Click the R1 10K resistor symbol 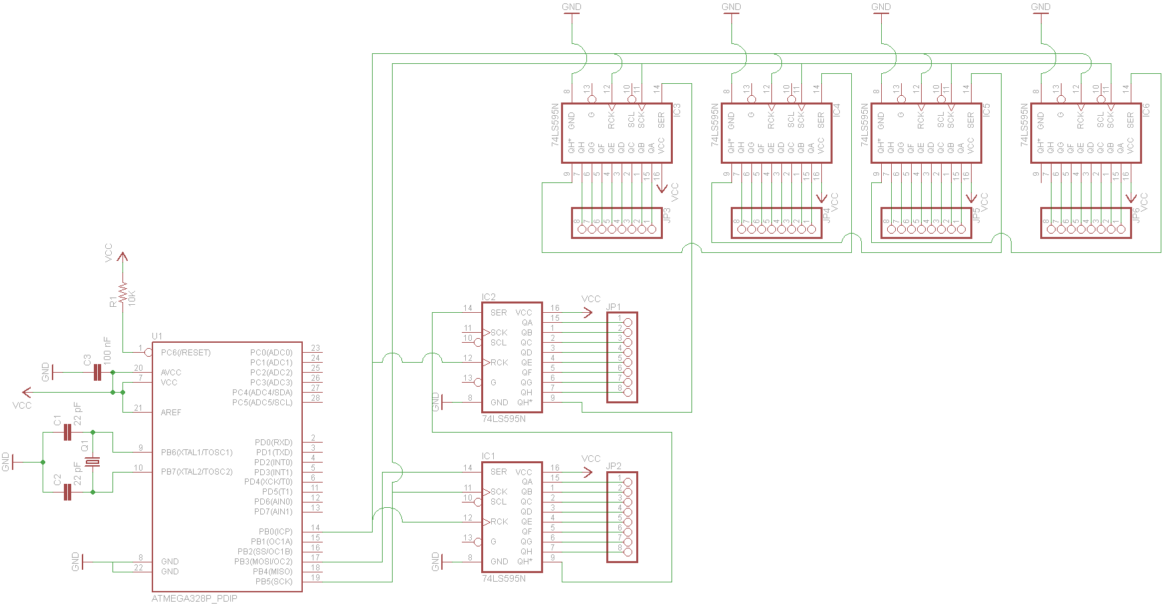click(x=122, y=293)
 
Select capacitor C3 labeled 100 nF click(x=97, y=372)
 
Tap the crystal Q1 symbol click(x=93, y=462)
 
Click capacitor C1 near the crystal click(x=67, y=433)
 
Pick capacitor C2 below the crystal click(x=67, y=492)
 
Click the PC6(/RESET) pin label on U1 click(x=186, y=353)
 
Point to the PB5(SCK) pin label click(x=274, y=582)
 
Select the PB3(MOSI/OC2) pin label click(x=264, y=562)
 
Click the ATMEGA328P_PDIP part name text click(x=194, y=598)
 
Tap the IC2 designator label click(x=488, y=298)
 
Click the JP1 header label click(x=614, y=307)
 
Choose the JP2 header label click(x=614, y=467)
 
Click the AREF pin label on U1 click(x=171, y=413)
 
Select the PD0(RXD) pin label click(x=274, y=443)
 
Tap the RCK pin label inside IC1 click(x=499, y=522)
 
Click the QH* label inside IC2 click(x=524, y=403)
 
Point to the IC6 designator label click(x=1145, y=110)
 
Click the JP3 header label click(x=668, y=215)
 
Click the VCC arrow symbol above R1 click(x=122, y=256)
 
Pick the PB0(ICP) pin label click(x=276, y=532)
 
